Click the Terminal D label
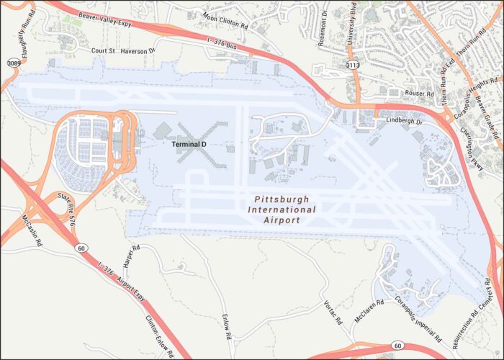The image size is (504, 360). click(189, 145)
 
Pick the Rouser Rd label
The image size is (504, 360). click(419, 94)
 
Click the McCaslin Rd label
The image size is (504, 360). click(30, 228)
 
